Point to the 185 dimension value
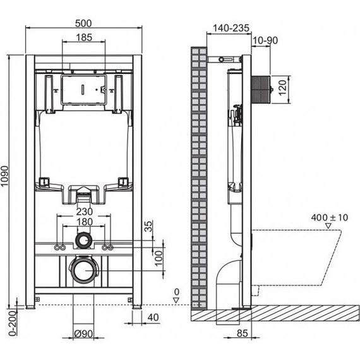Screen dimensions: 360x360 click(x=83, y=37)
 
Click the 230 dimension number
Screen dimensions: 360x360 click(x=84, y=212)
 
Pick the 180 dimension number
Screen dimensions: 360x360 click(x=84, y=222)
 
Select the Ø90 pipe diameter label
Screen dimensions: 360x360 click(x=83, y=333)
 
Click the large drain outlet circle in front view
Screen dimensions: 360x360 click(x=83, y=270)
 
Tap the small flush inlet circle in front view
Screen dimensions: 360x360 click(x=83, y=240)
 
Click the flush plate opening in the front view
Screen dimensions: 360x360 click(x=83, y=89)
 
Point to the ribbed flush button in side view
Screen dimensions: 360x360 click(x=261, y=88)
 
